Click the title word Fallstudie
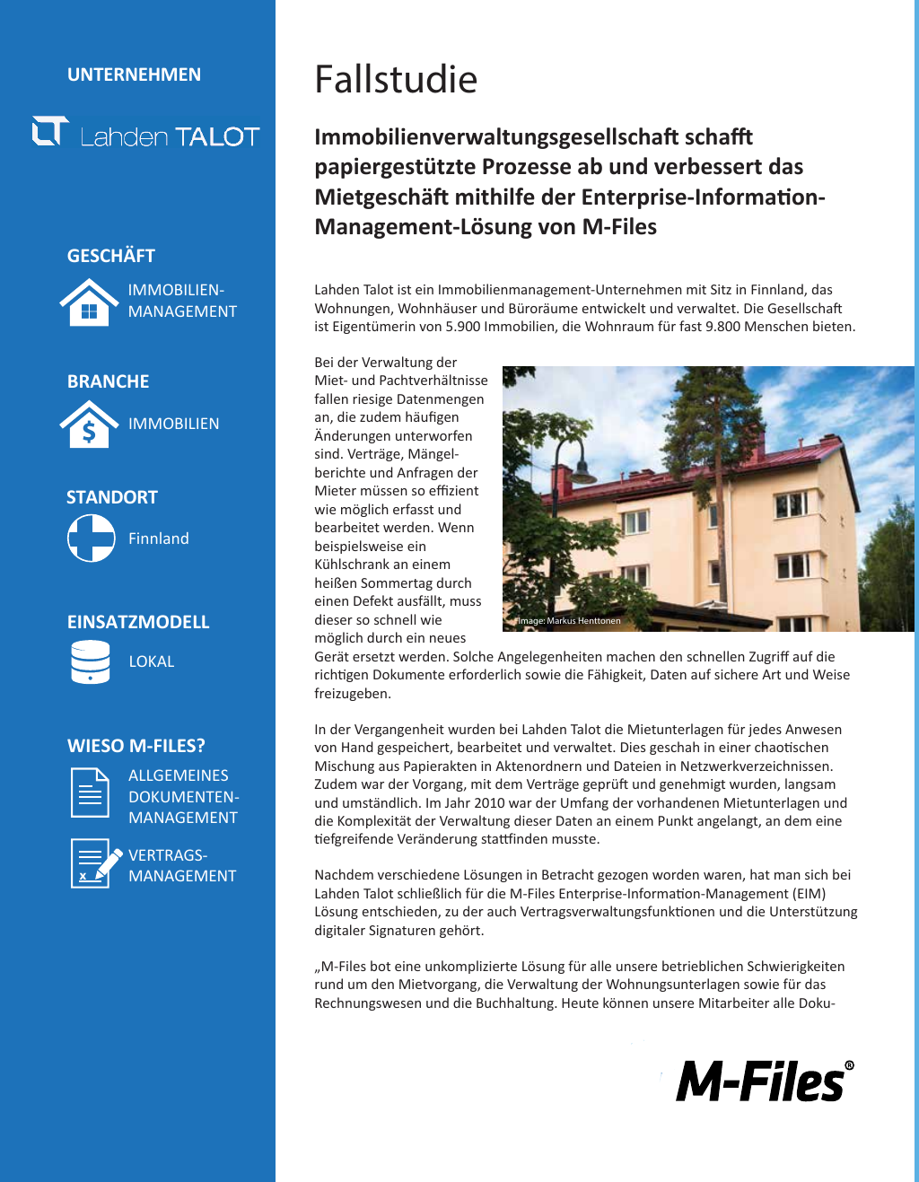point(396,80)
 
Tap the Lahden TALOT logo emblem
point(50,131)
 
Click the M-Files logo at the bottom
point(764,1081)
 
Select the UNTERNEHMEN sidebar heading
point(134,74)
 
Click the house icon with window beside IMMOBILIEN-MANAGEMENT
point(89,302)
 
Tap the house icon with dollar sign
point(89,425)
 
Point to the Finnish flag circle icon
point(92,538)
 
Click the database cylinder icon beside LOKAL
point(91,661)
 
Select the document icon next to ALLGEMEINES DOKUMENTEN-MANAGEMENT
point(90,793)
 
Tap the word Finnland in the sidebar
point(159,538)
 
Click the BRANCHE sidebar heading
point(108,381)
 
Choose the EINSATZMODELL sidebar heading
point(138,622)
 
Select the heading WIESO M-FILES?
point(136,746)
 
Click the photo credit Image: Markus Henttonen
point(569,621)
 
